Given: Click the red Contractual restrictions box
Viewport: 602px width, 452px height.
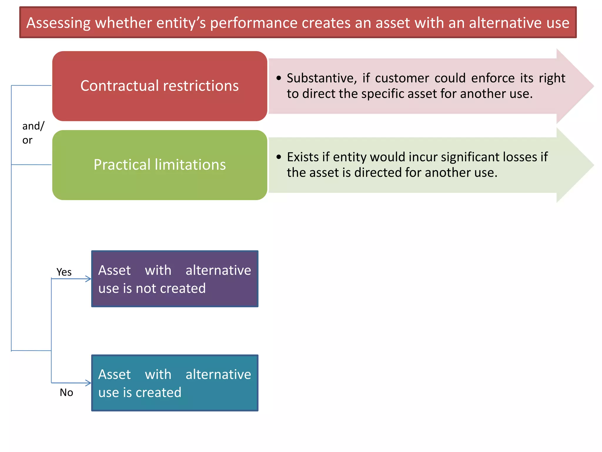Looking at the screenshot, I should pyautogui.click(x=160, y=86).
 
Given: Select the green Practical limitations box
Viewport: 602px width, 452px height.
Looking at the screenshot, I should pyautogui.click(x=160, y=165).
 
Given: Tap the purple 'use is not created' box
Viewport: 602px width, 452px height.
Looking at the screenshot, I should pyautogui.click(x=175, y=279).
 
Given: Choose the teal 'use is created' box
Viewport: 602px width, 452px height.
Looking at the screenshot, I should pyautogui.click(x=175, y=383).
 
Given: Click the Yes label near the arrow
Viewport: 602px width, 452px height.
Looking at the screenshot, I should pyautogui.click(x=64, y=272).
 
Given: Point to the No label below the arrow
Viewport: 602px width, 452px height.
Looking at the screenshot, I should pyautogui.click(x=66, y=393).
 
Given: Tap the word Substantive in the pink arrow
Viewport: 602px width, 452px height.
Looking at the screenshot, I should pyautogui.click(x=322, y=78).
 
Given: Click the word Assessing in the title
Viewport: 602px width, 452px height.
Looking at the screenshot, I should pyautogui.click(x=58, y=23).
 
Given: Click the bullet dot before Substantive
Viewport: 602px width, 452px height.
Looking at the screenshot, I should pyautogui.click(x=279, y=78).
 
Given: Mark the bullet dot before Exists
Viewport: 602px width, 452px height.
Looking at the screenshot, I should pyautogui.click(x=279, y=157).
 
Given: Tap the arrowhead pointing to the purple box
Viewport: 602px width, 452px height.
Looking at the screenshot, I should pyautogui.click(x=88, y=279).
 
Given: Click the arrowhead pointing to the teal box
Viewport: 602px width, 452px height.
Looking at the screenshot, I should pyautogui.click(x=88, y=383).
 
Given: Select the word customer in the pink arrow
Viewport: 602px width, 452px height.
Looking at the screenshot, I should pyautogui.click(x=402, y=78).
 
